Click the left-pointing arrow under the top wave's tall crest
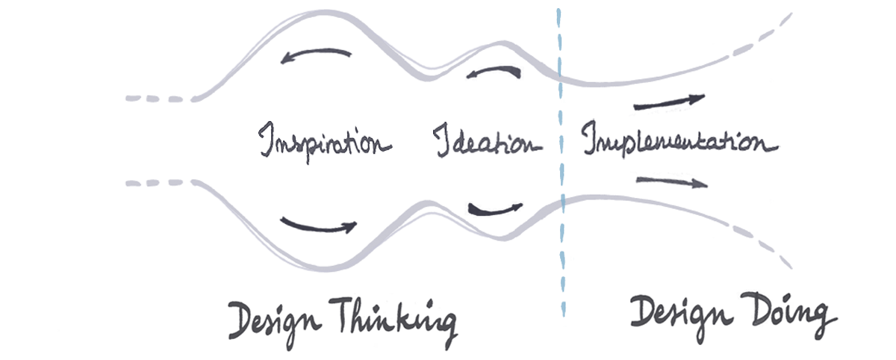click(x=316, y=55)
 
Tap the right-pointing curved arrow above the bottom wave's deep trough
click(x=319, y=225)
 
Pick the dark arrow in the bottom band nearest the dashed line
click(x=494, y=208)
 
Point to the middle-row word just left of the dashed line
click(x=488, y=143)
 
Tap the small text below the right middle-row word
click(x=666, y=179)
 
